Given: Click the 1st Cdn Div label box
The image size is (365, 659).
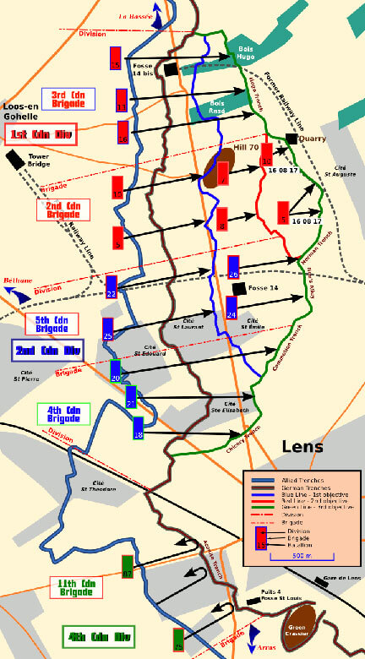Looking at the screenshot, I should pyautogui.click(x=41, y=134).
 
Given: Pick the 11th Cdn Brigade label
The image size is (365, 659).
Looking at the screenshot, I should pyautogui.click(x=81, y=588).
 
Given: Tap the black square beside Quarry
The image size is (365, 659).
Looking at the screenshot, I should pyautogui.click(x=291, y=139).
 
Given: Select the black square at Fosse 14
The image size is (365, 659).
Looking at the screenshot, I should pyautogui.click(x=240, y=288).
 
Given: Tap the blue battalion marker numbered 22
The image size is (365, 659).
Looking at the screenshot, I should pyautogui.click(x=111, y=287).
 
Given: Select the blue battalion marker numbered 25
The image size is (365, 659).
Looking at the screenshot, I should pyautogui.click(x=107, y=329).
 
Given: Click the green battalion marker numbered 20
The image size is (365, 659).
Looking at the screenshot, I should pyautogui.click(x=116, y=371).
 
